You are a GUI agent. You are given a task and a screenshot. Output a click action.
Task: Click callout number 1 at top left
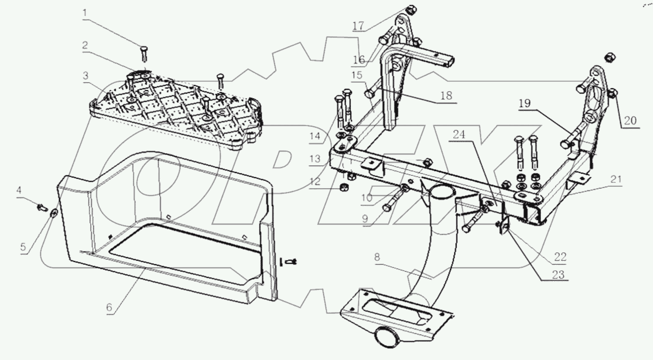(85, 13)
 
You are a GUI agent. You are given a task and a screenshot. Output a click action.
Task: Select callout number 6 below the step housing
(109, 307)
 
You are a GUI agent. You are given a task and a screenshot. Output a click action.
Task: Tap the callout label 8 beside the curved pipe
(377, 257)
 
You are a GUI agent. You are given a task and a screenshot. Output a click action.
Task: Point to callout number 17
(358, 26)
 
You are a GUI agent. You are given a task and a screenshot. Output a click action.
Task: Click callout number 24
(459, 135)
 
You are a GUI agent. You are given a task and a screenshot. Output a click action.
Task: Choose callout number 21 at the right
(616, 179)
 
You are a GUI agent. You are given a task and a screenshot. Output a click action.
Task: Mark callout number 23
(558, 274)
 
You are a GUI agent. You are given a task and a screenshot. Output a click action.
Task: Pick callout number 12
(315, 181)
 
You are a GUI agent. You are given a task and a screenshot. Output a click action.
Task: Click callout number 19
(525, 103)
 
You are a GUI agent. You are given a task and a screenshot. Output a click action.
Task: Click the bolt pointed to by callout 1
(144, 55)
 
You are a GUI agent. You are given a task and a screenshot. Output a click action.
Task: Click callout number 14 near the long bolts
(315, 136)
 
